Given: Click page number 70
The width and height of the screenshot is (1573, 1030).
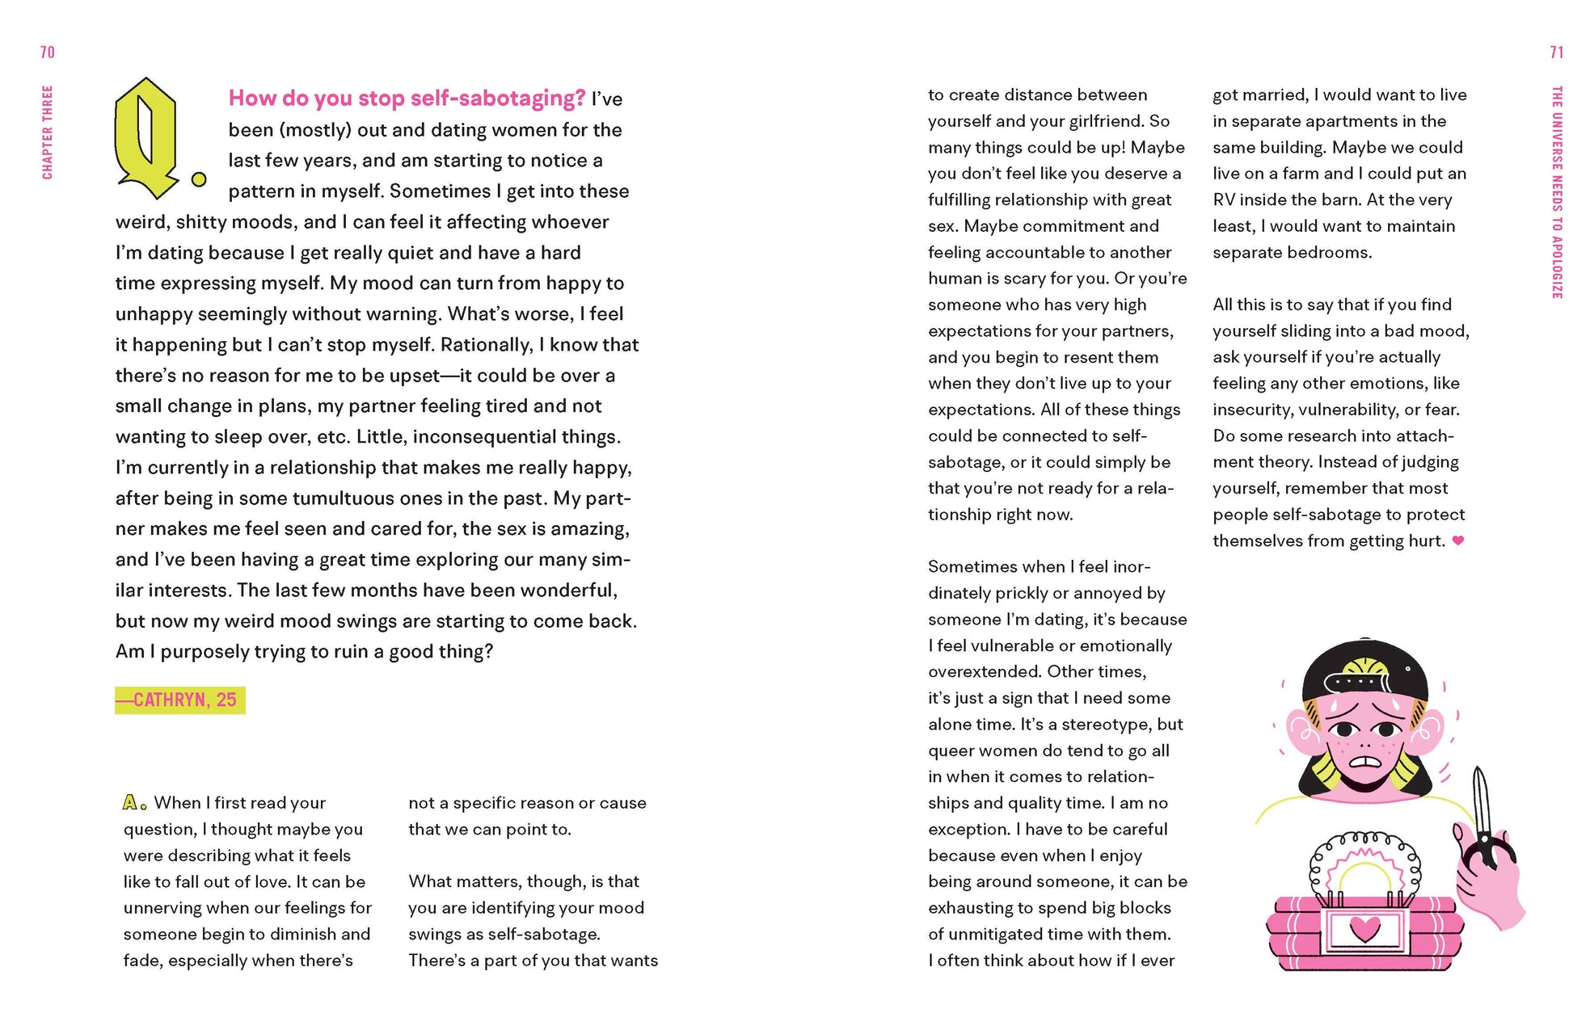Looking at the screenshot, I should click(48, 53).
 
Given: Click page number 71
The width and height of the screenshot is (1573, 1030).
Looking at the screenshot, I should click(1556, 53).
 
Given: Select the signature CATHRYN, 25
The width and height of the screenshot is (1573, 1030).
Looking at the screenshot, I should click(180, 700).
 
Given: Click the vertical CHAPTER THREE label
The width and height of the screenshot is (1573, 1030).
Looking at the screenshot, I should click(48, 132).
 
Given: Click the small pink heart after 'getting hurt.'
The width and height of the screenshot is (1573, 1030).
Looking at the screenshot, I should click(1458, 540).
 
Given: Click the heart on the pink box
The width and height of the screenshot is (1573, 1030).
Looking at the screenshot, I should click(1365, 928).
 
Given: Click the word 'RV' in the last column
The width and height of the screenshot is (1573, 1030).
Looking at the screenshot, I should click(1224, 200).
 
